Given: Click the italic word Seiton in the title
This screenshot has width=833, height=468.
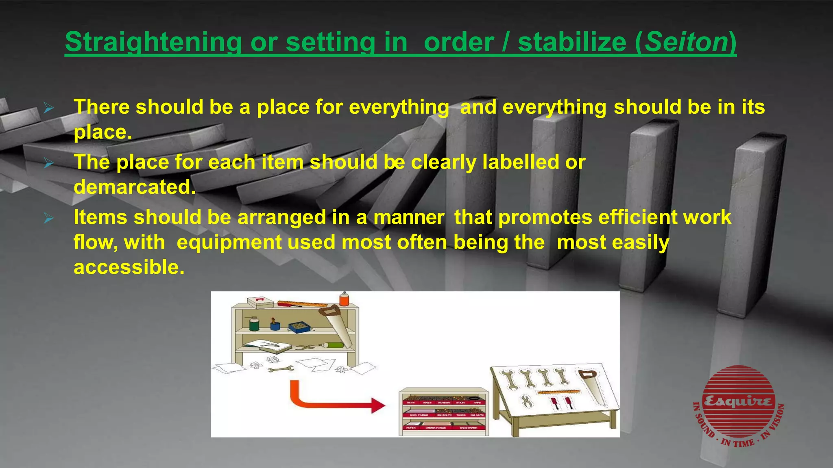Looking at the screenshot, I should [x=686, y=42].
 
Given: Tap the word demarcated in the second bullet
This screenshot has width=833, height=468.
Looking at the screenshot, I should [x=134, y=187].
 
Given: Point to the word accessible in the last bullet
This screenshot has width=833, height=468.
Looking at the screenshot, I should [x=129, y=267].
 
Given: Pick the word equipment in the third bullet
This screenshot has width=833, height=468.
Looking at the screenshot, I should [x=229, y=243].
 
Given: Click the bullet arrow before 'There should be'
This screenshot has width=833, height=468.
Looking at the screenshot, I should [x=49, y=108].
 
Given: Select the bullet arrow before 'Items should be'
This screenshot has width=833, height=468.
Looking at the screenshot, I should [x=49, y=218].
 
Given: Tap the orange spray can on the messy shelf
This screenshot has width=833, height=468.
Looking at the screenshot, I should [x=344, y=299].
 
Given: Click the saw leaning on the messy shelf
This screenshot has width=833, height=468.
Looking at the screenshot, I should [x=337, y=327].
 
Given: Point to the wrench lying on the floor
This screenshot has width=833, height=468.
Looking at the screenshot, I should [x=281, y=369].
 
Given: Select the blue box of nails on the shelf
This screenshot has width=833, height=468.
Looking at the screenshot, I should [x=300, y=327].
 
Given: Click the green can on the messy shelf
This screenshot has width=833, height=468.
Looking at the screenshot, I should [x=254, y=324].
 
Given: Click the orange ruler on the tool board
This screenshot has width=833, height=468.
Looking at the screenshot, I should [x=558, y=392].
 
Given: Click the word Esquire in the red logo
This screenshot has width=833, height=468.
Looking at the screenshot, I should [x=738, y=401].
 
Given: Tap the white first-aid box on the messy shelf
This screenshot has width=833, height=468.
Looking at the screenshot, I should [x=260, y=302].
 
